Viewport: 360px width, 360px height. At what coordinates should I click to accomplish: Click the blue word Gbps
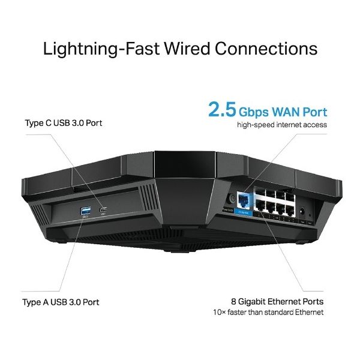(257, 112)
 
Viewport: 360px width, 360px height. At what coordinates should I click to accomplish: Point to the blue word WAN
(292, 112)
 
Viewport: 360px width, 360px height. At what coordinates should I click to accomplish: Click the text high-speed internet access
(282, 125)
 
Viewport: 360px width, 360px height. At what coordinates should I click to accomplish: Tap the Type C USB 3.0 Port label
(64, 123)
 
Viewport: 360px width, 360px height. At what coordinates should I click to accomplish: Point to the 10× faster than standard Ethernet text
(268, 313)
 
